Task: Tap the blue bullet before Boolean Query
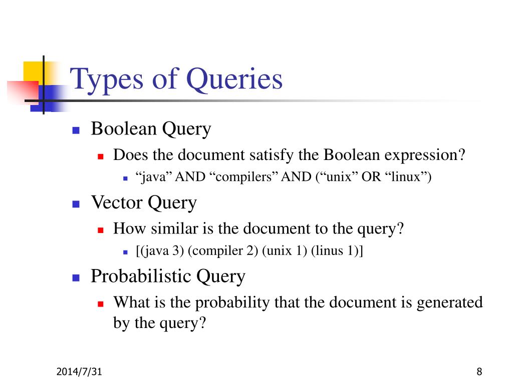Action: click(76, 130)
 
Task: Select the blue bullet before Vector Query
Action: click(76, 204)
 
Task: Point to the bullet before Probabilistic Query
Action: click(76, 277)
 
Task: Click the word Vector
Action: click(116, 202)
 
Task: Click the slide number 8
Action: click(479, 371)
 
